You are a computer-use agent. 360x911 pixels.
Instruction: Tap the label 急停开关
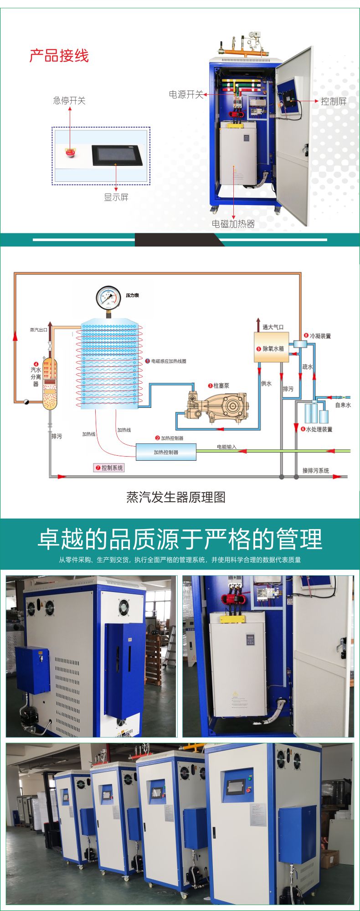[69, 101]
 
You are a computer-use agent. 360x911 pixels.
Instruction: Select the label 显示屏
[116, 197]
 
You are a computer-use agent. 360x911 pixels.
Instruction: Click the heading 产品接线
[59, 56]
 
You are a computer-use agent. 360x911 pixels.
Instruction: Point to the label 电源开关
[186, 94]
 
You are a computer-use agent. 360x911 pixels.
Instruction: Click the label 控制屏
[334, 101]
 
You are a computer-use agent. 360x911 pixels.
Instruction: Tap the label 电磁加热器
[233, 224]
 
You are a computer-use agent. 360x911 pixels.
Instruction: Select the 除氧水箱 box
[271, 348]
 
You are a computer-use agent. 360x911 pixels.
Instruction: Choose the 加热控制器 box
[166, 452]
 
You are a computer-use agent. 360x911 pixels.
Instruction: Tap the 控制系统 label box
[109, 468]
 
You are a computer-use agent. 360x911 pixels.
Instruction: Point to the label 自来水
[343, 405]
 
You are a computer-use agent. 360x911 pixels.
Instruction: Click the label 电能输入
[226, 447]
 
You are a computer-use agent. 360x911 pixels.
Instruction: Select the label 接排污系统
[315, 470]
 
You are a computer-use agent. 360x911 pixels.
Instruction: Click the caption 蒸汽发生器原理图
[176, 497]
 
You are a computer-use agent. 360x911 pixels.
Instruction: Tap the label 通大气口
[273, 327]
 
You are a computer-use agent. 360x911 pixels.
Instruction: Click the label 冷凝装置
[320, 336]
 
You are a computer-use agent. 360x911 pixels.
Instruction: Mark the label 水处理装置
[319, 429]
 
